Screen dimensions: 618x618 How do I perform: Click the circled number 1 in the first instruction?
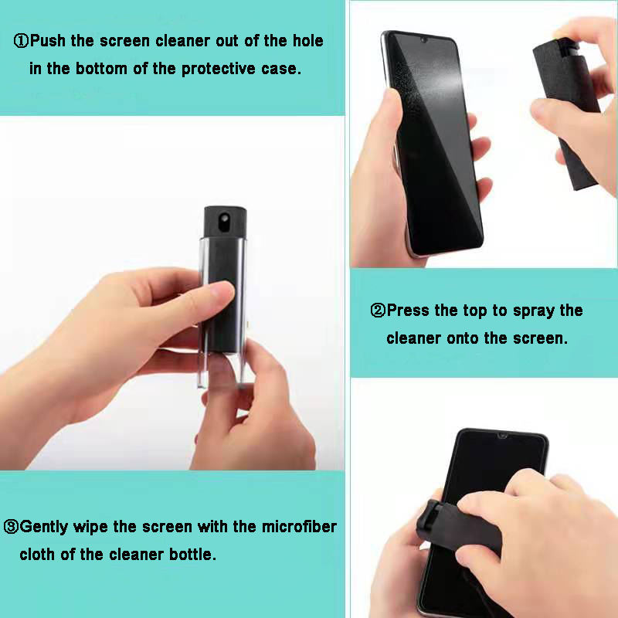22,41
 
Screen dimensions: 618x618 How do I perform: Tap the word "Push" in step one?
48,41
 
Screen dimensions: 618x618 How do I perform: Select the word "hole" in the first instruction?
307,41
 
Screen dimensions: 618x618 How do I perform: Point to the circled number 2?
378,311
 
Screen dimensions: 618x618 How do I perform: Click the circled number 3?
11,527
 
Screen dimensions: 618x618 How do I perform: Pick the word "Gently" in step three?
44,528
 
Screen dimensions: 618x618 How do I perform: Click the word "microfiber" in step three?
299,527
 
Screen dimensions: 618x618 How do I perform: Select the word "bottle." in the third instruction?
192,555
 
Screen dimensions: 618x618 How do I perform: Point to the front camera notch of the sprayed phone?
423,40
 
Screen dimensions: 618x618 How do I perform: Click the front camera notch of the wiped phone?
502,436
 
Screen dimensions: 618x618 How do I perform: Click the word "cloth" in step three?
36,555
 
